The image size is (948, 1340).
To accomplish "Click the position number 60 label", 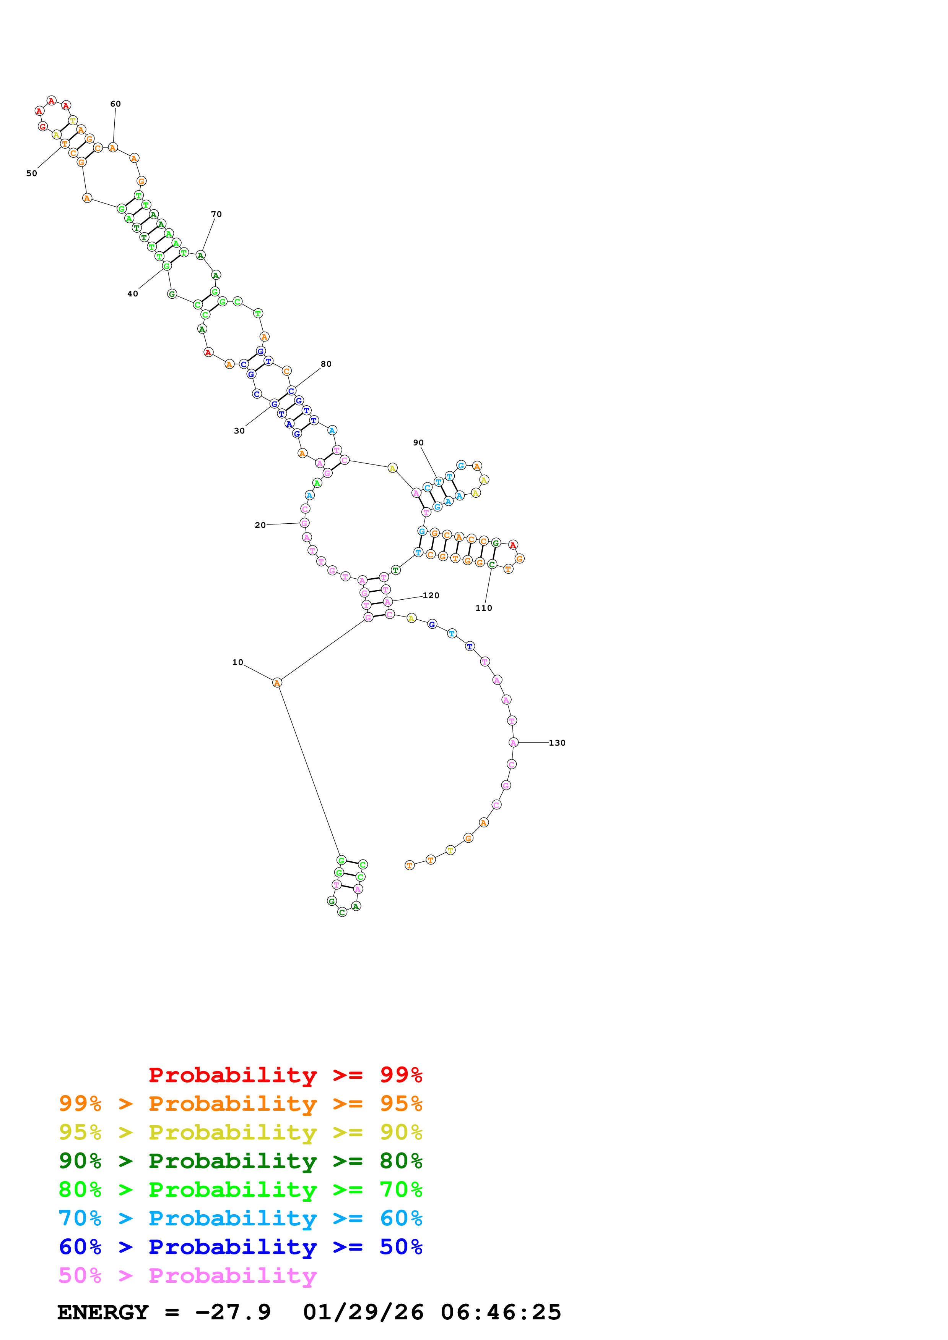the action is tap(115, 104).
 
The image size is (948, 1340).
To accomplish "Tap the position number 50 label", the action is tap(31, 173).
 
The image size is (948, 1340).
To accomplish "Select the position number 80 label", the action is tap(326, 364).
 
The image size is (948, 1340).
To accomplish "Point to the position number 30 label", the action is tap(239, 431).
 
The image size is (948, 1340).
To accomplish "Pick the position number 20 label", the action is tap(260, 525).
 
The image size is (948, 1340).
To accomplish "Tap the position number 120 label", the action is tap(431, 595).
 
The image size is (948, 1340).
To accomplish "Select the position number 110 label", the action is tap(484, 608).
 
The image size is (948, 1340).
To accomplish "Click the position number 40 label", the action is tap(133, 294).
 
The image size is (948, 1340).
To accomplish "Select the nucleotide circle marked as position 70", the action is tap(200, 255).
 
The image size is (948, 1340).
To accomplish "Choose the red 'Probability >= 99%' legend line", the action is tap(285, 1075).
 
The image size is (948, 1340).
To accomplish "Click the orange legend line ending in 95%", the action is tap(240, 1103).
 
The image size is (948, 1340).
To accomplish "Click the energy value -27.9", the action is tap(233, 1312).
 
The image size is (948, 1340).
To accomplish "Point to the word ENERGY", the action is tap(103, 1312).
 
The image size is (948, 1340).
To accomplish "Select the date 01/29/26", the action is tap(363, 1312).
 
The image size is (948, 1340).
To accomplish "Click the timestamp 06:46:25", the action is tap(501, 1312).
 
